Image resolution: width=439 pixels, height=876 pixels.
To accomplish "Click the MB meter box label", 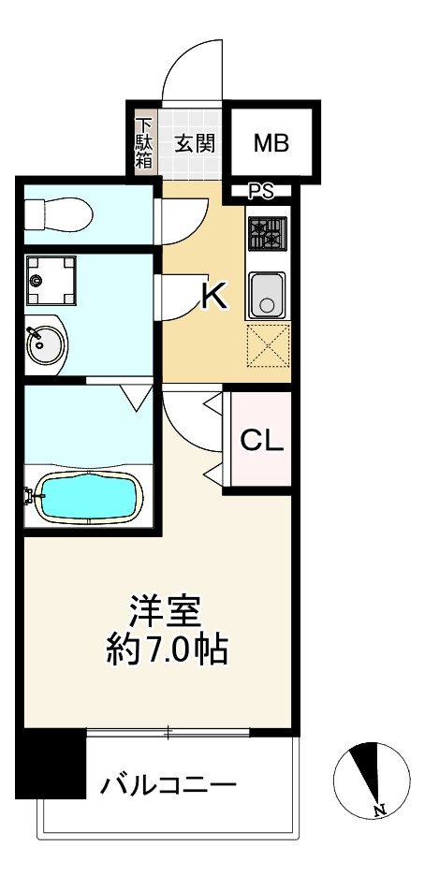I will [271, 143].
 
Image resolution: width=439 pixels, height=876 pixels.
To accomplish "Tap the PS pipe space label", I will [260, 193].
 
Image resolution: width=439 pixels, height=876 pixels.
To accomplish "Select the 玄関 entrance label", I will [196, 143].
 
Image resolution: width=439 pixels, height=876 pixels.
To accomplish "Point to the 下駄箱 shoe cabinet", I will [145, 142].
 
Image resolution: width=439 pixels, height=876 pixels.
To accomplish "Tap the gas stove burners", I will [268, 234].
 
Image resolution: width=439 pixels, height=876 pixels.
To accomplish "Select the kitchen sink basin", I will [268, 295].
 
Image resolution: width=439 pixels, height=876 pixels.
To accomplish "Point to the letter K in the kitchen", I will [214, 297].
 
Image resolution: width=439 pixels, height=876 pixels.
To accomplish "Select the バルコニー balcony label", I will [168, 785].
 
